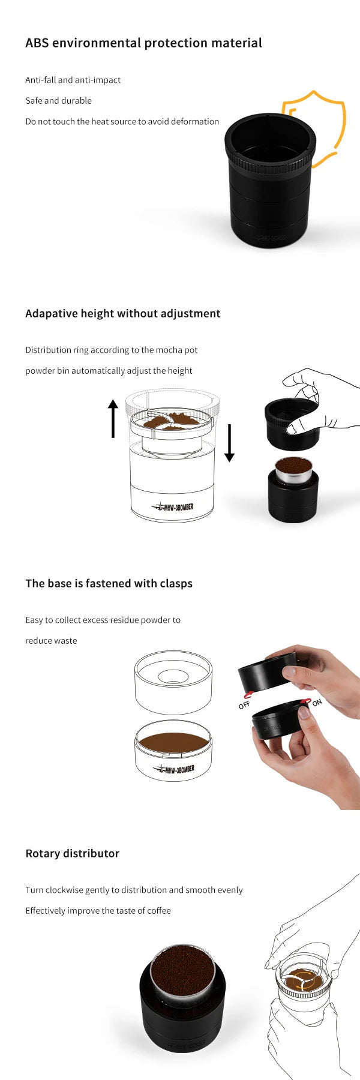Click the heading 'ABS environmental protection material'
tap(143, 43)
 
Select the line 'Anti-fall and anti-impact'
tap(73, 80)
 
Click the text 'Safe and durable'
tap(58, 101)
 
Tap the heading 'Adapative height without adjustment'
tap(122, 313)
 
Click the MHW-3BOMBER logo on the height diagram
tap(173, 507)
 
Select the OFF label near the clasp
tap(244, 705)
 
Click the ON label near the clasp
tap(317, 703)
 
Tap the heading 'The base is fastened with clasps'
tap(109, 583)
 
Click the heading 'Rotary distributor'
tap(72, 853)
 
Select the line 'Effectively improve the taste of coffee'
tap(98, 911)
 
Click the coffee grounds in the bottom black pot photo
tap(182, 969)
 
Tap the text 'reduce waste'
tap(51, 641)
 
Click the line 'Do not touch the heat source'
tap(122, 121)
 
